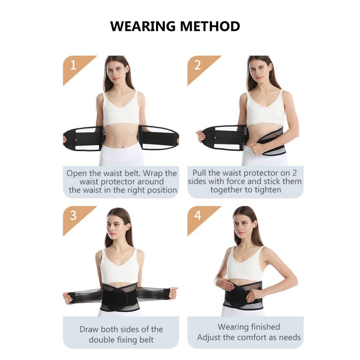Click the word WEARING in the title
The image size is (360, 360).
143,26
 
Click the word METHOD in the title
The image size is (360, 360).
210,26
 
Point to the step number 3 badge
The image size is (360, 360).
76,218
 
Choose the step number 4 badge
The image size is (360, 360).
200,218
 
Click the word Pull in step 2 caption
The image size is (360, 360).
200,173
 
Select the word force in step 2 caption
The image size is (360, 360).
236,181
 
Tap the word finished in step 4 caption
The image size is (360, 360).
266,327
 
